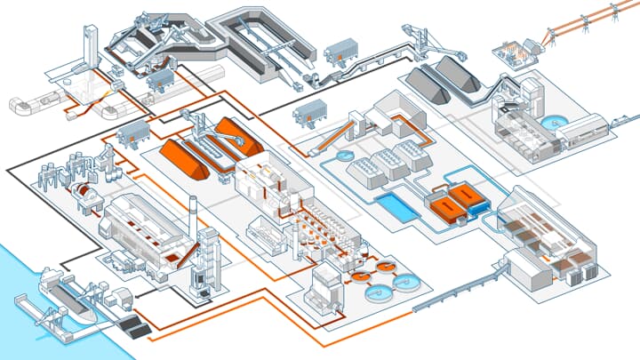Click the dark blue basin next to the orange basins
coord(479,206)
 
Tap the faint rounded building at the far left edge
coord(20,104)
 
